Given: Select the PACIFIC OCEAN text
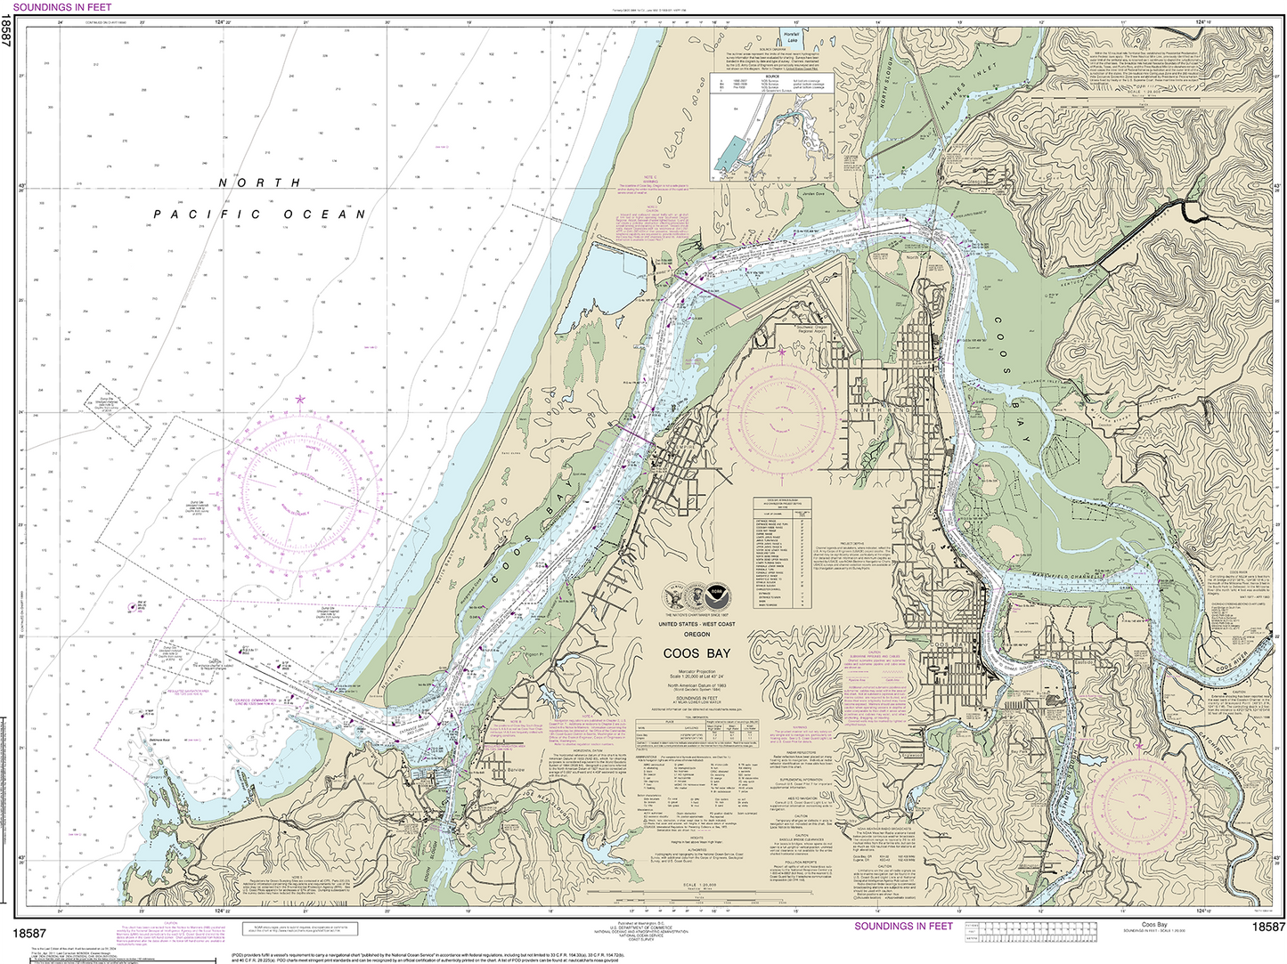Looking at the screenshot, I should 259,215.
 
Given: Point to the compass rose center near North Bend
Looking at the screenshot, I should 782,415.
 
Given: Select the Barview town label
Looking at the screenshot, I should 516,769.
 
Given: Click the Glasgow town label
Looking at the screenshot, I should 977,182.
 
